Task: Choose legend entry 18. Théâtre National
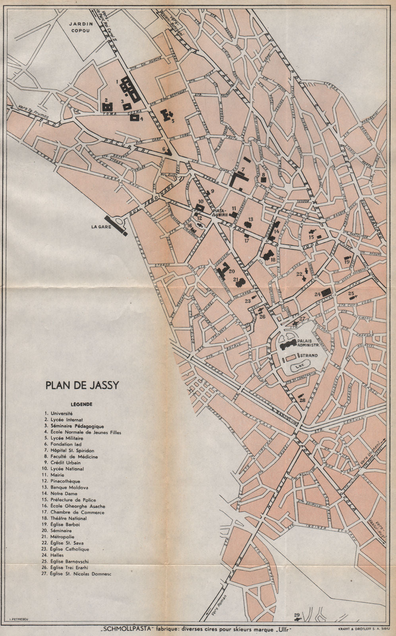pyautogui.click(x=65, y=518)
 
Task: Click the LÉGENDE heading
pyautogui.click(x=81, y=404)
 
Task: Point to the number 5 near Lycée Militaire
pyautogui.click(x=173, y=121)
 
